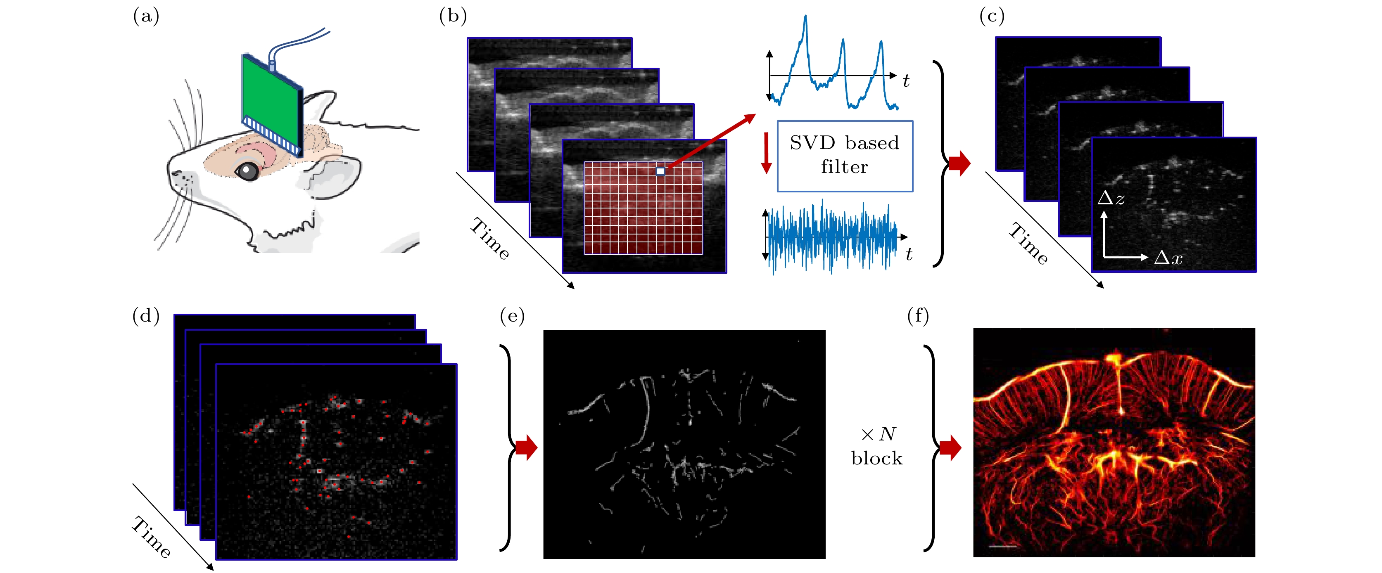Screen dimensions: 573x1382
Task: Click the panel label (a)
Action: [x=146, y=17]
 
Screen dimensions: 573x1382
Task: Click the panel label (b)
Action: [x=453, y=17]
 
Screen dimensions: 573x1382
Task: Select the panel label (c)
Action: [x=991, y=17]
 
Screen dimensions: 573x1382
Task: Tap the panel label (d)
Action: [x=146, y=316]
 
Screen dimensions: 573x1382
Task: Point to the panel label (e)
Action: [x=512, y=316]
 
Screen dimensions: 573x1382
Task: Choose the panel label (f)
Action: [x=918, y=316]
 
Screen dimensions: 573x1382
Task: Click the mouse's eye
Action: [x=248, y=171]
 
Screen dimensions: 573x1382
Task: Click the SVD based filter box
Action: [x=844, y=156]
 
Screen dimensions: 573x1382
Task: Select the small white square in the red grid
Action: [x=660, y=171]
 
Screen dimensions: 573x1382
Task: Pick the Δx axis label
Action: [x=1168, y=258]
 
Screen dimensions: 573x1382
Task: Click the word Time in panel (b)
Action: [x=490, y=239]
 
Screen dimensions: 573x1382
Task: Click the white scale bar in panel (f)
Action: [x=1003, y=547]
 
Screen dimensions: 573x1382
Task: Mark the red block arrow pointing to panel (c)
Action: [x=959, y=163]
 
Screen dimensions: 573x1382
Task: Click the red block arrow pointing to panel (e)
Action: [x=526, y=447]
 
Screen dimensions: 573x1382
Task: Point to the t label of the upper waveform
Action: [x=906, y=81]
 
